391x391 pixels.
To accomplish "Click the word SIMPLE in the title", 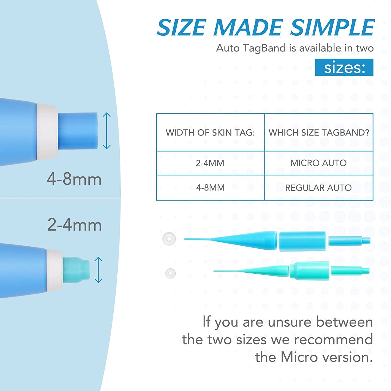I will click(x=332, y=27).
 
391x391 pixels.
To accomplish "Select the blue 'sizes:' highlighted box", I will click(x=344, y=68).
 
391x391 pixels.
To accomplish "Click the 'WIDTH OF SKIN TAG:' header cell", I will click(x=210, y=132).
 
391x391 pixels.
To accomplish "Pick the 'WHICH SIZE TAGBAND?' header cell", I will click(x=319, y=132).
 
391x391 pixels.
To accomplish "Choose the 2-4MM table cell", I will click(x=210, y=163).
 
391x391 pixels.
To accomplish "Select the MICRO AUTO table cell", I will click(x=319, y=163).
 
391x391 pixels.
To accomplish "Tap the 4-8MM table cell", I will click(x=210, y=188).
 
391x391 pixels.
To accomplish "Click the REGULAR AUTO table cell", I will click(x=319, y=188).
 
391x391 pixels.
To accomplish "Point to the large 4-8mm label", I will click(x=74, y=179).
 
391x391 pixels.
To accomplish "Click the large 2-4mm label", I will click(x=74, y=225).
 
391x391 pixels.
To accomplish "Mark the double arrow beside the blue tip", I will click(x=107, y=131).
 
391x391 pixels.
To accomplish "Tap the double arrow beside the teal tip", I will click(x=98, y=270).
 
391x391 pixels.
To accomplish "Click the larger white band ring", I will click(x=169, y=239).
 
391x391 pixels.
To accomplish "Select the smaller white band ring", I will click(x=170, y=273).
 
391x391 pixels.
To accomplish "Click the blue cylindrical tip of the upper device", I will click(x=78, y=131).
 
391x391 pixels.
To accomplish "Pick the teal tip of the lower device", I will click(x=76, y=270).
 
